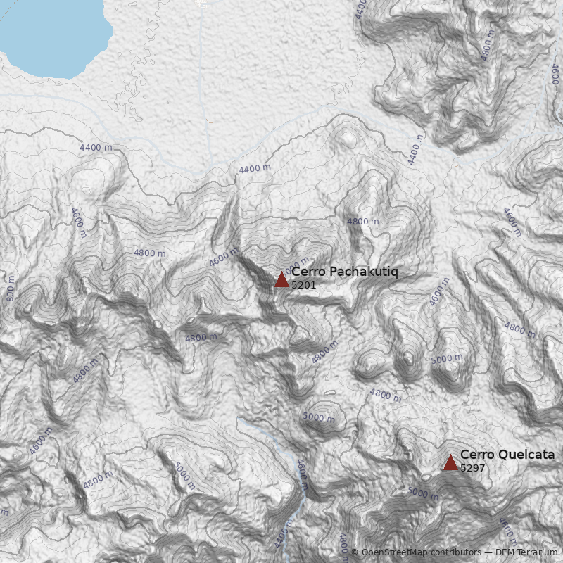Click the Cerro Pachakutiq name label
344,272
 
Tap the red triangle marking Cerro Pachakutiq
281,279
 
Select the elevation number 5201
303,285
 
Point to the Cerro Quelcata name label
507,455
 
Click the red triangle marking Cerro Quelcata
450,462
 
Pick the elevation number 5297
472,467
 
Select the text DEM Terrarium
527,552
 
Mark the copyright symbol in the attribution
355,552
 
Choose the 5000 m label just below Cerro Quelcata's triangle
423,493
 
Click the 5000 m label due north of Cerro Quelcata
448,359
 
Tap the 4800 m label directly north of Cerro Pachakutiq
362,221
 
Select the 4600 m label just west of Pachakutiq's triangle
224,258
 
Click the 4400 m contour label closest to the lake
96,148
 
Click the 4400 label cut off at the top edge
361,8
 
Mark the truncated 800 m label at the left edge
10,293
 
